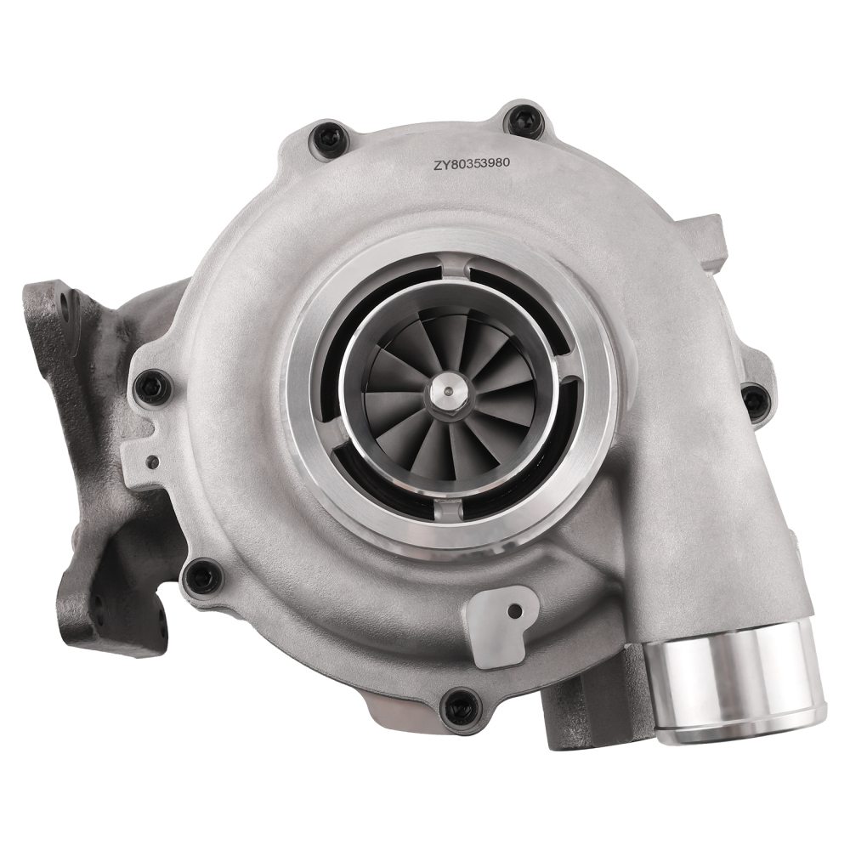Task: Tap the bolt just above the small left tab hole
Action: [153, 388]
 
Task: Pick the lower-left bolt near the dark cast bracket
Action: [201, 575]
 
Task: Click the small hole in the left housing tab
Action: [151, 463]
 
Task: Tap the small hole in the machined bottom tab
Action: [514, 610]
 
